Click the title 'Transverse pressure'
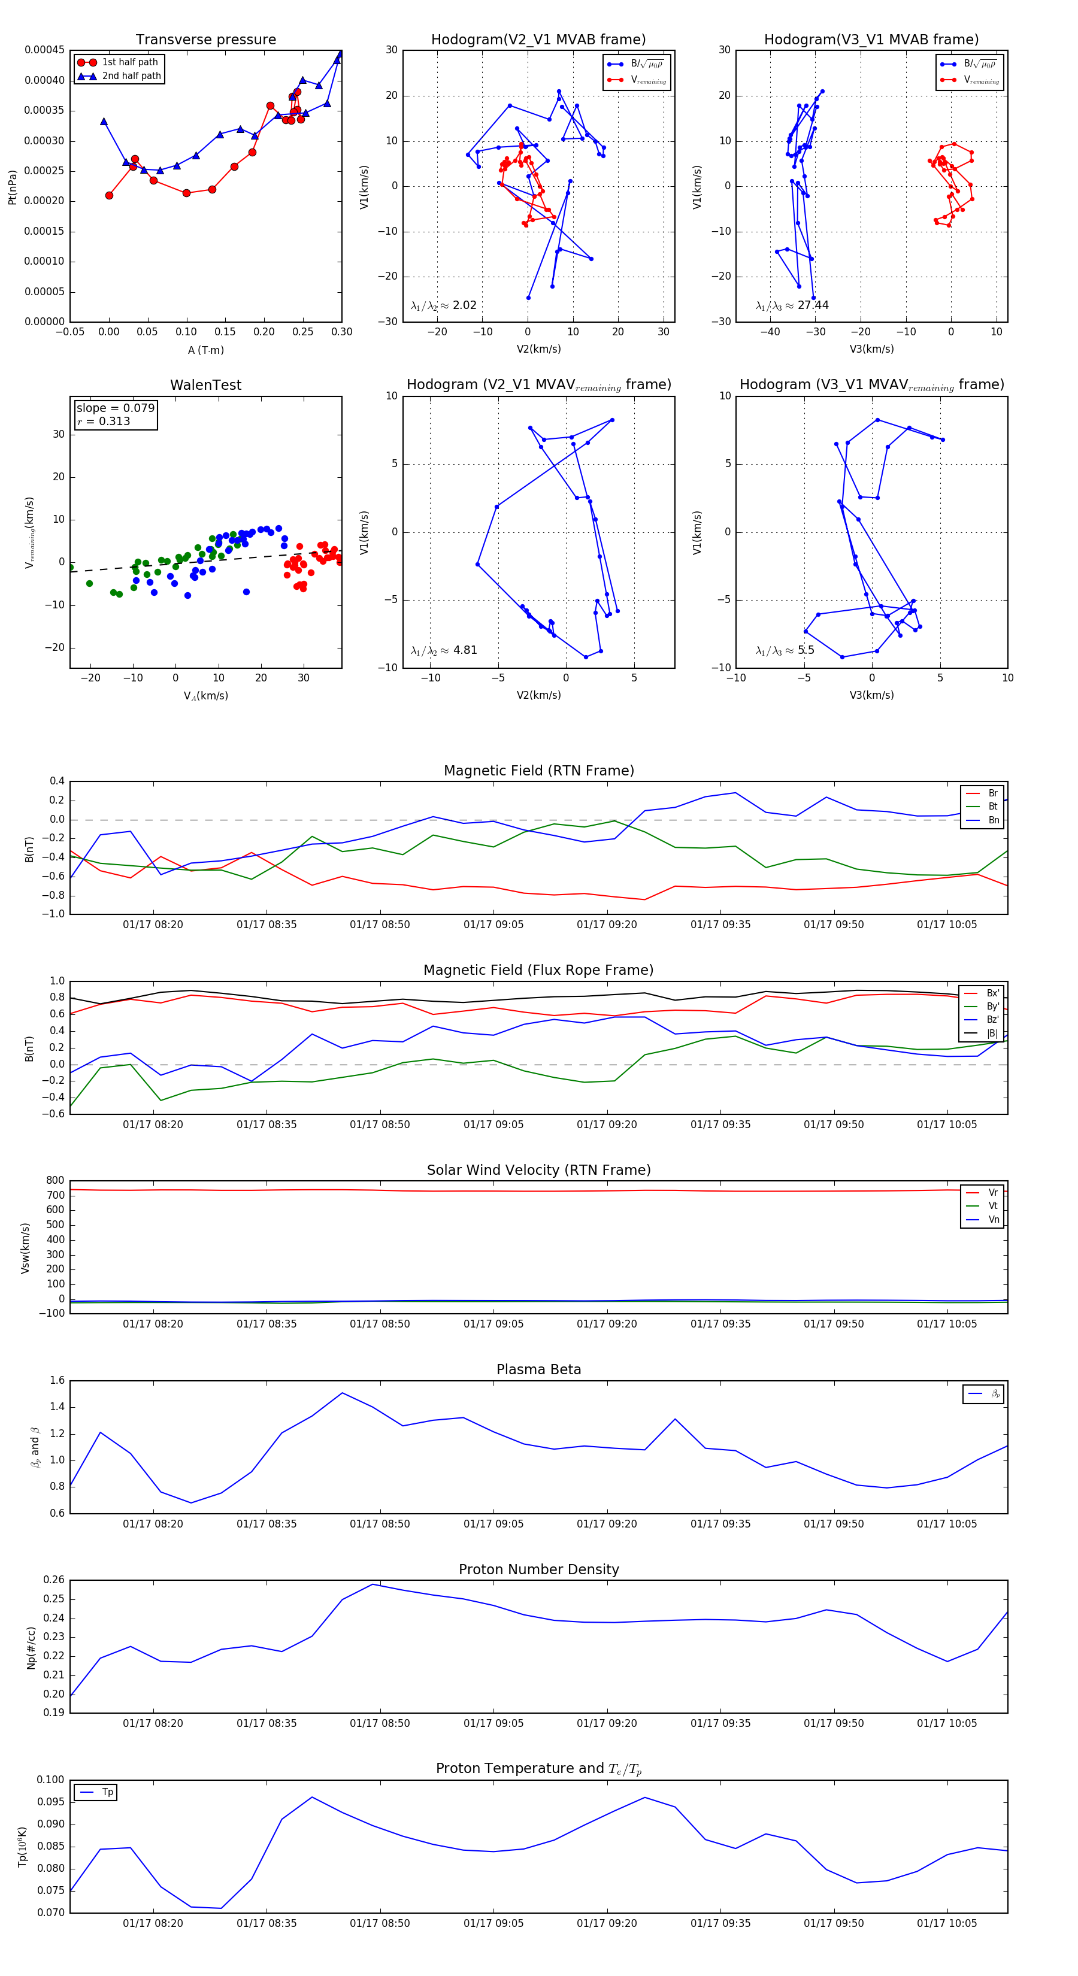coord(205,40)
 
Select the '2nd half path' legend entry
coord(131,76)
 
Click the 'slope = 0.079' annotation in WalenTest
coord(115,408)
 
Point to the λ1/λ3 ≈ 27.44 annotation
coord(792,305)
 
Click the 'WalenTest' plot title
coord(205,385)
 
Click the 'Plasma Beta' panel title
coord(538,1369)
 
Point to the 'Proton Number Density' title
coord(538,1569)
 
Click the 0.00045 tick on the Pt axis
coord(44,51)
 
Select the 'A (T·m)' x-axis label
coord(205,350)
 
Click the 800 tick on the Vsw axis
coord(55,1181)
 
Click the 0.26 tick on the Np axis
coord(54,1580)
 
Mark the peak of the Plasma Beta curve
coord(342,1392)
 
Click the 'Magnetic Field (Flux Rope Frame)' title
coord(538,971)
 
